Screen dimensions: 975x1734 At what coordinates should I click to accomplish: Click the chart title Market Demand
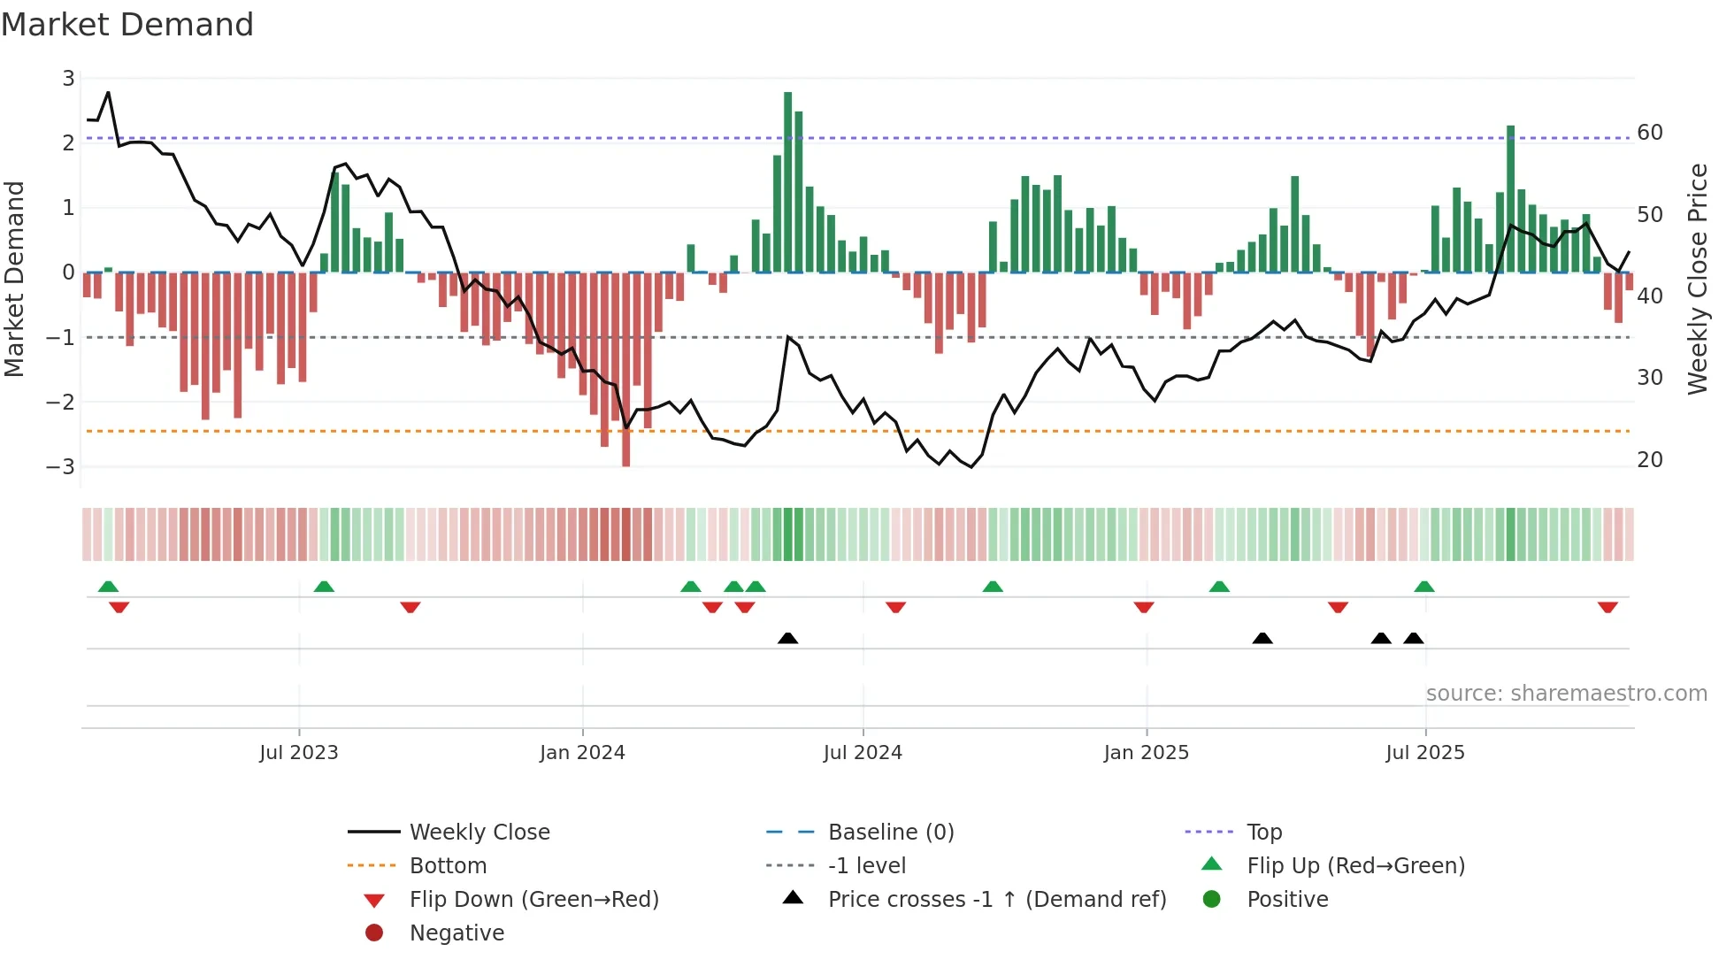point(127,25)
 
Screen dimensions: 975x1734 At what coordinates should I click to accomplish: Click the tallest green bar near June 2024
point(787,181)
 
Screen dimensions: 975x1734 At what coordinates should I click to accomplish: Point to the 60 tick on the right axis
point(1650,133)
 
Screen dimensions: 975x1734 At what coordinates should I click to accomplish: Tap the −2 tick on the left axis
point(60,402)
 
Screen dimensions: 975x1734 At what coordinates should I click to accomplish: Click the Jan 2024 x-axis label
point(582,753)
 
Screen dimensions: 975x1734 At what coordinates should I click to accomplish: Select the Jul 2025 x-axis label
point(1425,753)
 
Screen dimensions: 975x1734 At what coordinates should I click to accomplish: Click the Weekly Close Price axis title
point(1697,279)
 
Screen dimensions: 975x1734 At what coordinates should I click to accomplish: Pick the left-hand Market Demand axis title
point(14,279)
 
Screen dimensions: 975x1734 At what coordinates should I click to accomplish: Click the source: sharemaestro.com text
point(1566,694)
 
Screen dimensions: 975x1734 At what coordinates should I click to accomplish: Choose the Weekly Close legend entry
point(479,833)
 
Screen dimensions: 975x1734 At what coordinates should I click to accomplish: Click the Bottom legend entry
point(448,866)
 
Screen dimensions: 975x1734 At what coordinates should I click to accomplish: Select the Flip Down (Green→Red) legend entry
point(533,900)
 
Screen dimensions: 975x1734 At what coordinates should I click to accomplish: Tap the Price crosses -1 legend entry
point(996,900)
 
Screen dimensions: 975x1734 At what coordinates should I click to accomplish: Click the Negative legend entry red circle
point(374,933)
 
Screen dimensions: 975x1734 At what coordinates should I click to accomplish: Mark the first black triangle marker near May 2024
point(787,638)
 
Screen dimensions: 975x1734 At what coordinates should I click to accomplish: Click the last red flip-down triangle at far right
point(1607,607)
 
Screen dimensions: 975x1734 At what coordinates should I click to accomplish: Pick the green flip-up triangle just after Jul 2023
point(324,587)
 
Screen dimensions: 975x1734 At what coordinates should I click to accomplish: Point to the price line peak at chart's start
point(108,92)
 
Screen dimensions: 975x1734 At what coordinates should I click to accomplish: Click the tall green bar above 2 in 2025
point(1511,199)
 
